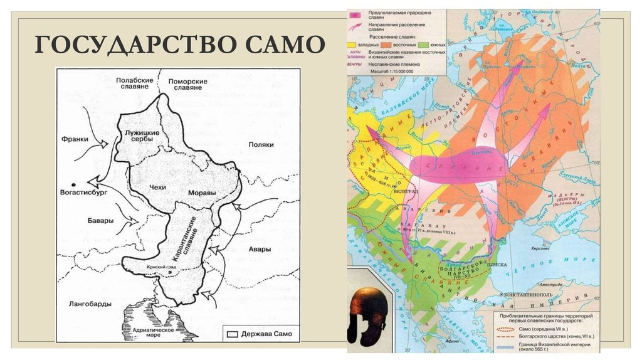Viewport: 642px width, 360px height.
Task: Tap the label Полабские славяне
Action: tap(134, 83)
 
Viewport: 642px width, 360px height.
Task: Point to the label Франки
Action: tap(74, 139)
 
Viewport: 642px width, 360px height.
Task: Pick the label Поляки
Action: tap(261, 144)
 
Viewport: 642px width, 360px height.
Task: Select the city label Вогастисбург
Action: tap(83, 193)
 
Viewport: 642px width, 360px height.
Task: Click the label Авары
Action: tap(259, 249)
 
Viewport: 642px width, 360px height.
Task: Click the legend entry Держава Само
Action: tap(258, 334)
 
